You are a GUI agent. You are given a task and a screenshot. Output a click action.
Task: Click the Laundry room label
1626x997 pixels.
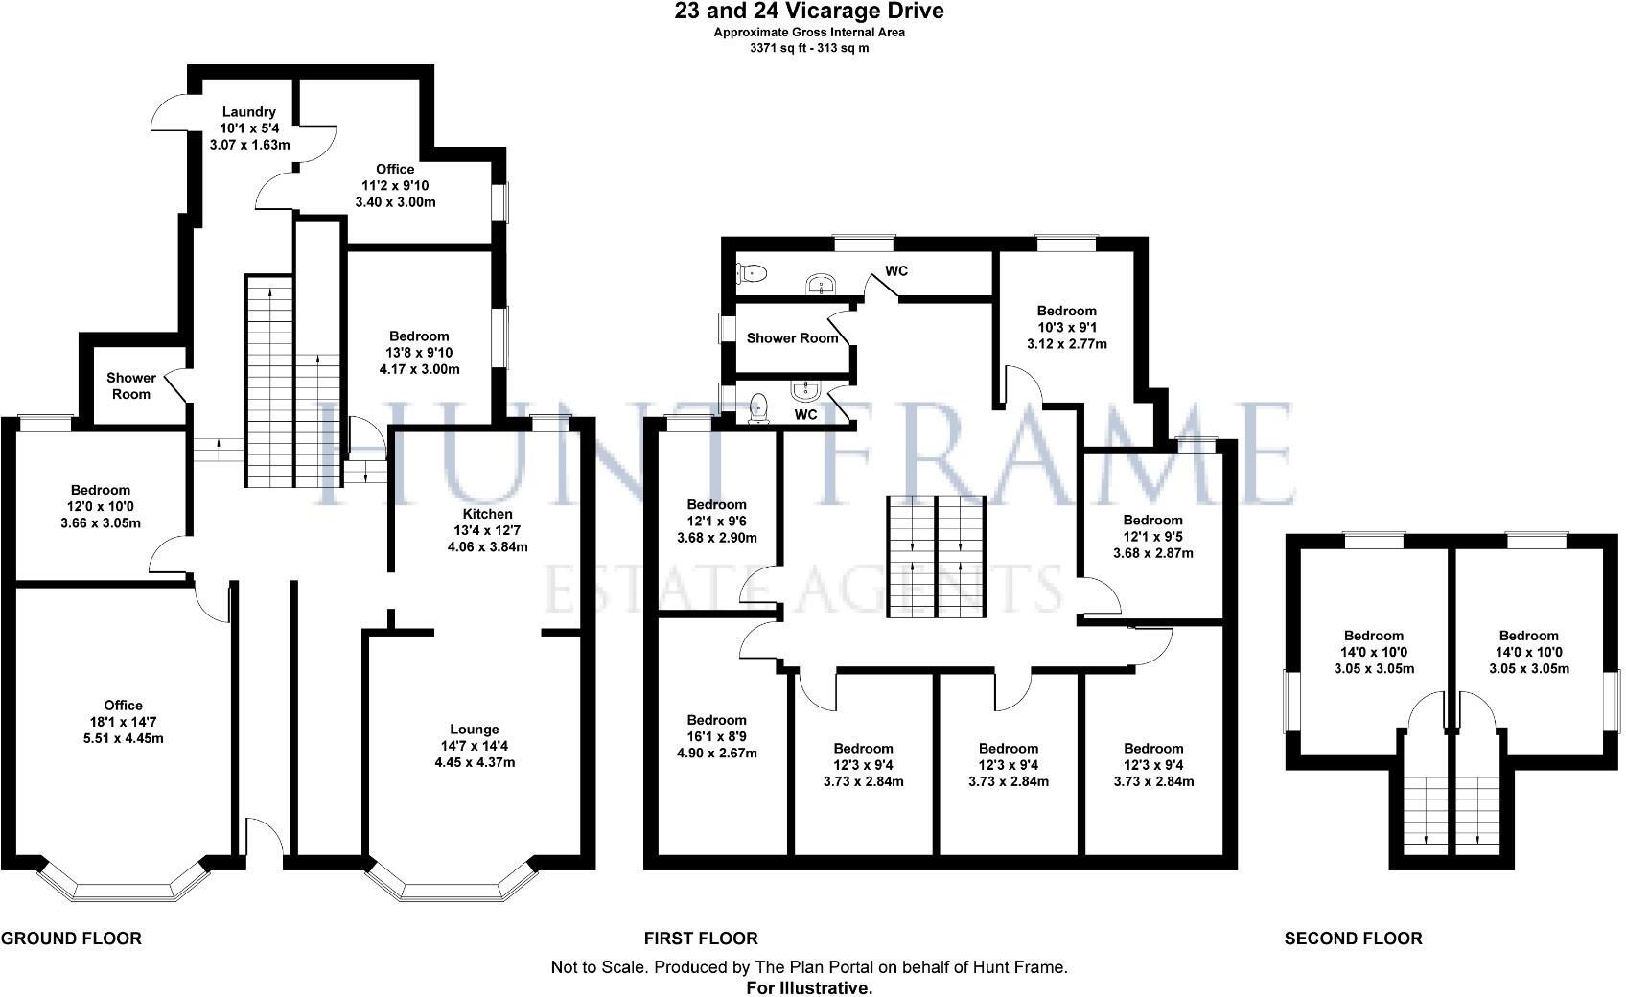pos(248,112)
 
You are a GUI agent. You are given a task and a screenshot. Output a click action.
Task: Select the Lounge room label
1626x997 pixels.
pos(476,730)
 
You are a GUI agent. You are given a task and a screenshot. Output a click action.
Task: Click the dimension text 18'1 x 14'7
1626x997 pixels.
pos(124,722)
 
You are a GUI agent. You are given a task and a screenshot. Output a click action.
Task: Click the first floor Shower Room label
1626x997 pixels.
pos(792,337)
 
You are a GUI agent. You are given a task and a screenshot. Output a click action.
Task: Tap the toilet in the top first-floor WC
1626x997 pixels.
pos(751,273)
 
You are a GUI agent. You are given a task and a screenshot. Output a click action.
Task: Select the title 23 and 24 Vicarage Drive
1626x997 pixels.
pos(809,12)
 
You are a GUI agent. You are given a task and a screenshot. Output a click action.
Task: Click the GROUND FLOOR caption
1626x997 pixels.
pos(71,939)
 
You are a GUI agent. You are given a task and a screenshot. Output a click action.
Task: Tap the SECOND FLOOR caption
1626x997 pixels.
pos(1353,939)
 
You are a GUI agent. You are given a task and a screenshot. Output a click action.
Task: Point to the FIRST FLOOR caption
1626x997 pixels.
pos(701,939)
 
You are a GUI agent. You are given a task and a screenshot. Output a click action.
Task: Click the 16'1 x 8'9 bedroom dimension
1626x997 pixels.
pos(716,736)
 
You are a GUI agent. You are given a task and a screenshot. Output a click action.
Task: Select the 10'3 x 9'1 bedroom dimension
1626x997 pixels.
pos(1066,327)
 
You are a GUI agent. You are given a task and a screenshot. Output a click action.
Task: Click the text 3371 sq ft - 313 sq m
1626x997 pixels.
pos(809,47)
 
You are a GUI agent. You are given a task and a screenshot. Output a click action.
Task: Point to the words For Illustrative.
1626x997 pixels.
pos(809,986)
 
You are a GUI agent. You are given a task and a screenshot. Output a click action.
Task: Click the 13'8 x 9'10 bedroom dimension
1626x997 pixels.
pos(419,353)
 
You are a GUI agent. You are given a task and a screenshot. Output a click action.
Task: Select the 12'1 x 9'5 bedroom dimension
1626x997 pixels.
pos(1152,537)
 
